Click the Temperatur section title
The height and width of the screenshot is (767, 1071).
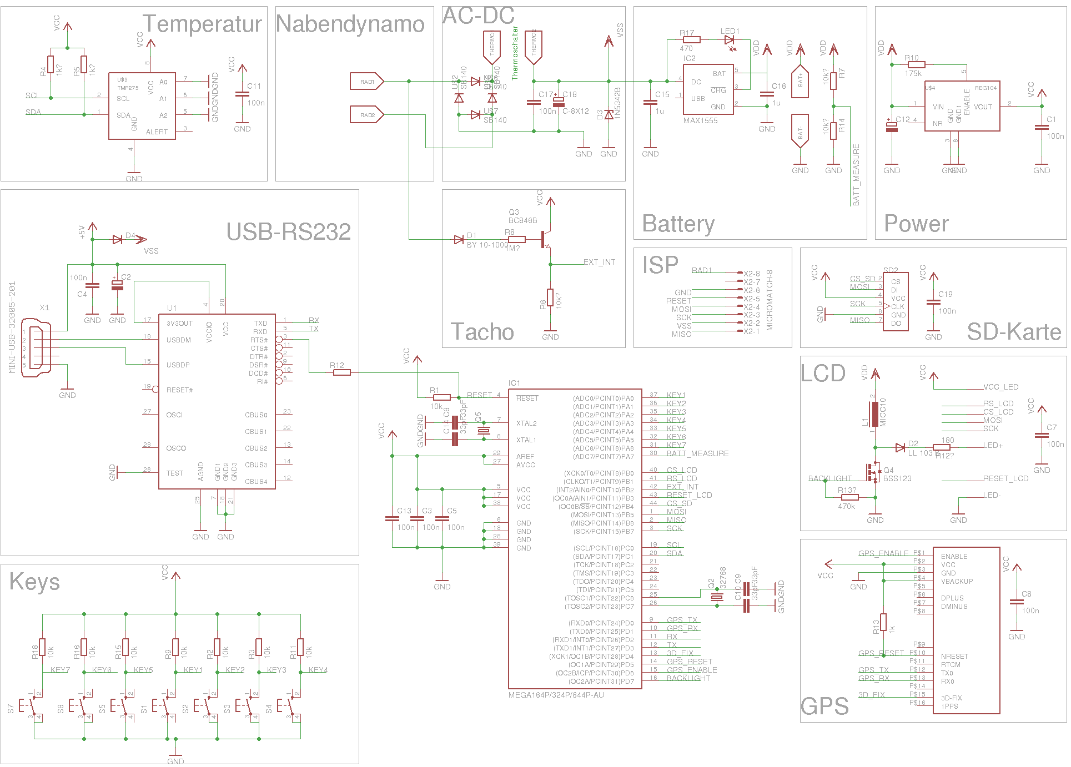pyautogui.click(x=202, y=24)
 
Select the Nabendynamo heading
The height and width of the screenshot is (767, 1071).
pyautogui.click(x=350, y=24)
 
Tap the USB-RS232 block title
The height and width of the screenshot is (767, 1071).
pyautogui.click(x=288, y=232)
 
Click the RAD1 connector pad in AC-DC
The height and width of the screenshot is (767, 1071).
pyautogui.click(x=366, y=82)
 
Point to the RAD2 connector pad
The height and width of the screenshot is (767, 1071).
pyautogui.click(x=366, y=115)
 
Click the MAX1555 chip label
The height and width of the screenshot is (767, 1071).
pyautogui.click(x=700, y=120)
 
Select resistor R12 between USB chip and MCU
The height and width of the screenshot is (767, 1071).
pyautogui.click(x=341, y=372)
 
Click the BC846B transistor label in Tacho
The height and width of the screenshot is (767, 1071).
pyautogui.click(x=522, y=220)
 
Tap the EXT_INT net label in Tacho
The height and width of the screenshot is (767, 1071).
pyautogui.click(x=599, y=262)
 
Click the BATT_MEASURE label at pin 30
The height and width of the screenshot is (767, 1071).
pyautogui.click(x=697, y=453)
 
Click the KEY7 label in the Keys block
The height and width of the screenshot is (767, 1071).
pyautogui.click(x=60, y=670)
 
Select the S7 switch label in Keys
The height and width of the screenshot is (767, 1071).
pyautogui.click(x=11, y=709)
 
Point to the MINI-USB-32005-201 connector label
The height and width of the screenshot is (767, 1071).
pyautogui.click(x=12, y=327)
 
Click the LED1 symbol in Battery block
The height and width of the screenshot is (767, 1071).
pyautogui.click(x=730, y=40)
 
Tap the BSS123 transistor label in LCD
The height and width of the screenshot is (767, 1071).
pyautogui.click(x=897, y=478)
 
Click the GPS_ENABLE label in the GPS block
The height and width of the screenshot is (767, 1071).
pyautogui.click(x=883, y=553)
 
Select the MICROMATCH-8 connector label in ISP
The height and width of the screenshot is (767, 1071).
pyautogui.click(x=770, y=300)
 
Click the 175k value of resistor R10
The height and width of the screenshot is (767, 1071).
pyautogui.click(x=913, y=73)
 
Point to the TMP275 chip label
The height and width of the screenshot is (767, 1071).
pyautogui.click(x=128, y=88)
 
